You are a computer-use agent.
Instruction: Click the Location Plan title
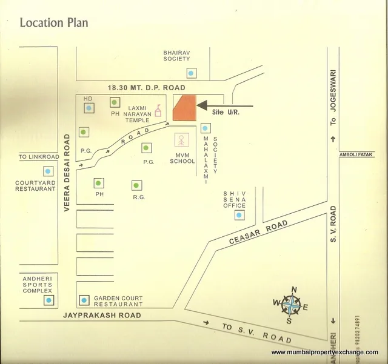[x=54, y=23]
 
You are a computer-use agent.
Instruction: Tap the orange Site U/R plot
[x=186, y=108]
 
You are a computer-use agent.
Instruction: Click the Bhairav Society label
[x=176, y=56]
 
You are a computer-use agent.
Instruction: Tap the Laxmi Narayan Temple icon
[x=158, y=111]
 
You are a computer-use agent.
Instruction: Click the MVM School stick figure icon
[x=181, y=141]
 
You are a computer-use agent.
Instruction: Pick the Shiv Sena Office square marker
[x=239, y=214]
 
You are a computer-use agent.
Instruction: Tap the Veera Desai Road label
[x=68, y=173]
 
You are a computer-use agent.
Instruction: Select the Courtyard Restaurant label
[x=36, y=185]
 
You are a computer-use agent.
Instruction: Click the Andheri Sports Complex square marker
[x=48, y=300]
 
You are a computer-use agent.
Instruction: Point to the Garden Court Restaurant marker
[x=84, y=300]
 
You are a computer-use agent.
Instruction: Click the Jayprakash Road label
[x=102, y=316]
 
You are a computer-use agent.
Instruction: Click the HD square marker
[x=89, y=108]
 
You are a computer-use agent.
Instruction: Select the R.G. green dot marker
[x=136, y=185]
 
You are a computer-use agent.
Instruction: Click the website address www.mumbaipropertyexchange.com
[x=324, y=352]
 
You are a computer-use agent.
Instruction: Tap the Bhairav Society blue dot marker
[x=192, y=73]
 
